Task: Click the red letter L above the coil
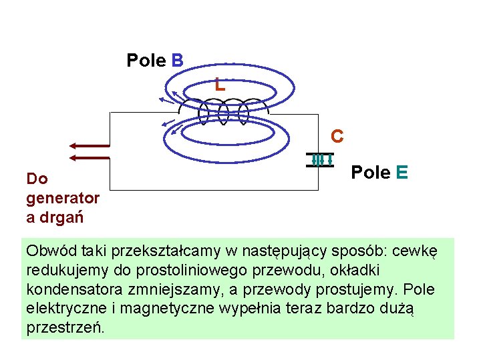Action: click(220, 85)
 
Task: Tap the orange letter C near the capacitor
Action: click(337, 137)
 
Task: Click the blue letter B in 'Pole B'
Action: click(177, 61)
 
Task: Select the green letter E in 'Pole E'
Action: click(402, 173)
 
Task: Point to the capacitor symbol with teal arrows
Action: click(320, 160)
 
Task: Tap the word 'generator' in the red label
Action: click(63, 198)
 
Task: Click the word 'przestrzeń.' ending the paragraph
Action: click(65, 329)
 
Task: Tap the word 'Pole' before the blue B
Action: click(146, 61)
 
